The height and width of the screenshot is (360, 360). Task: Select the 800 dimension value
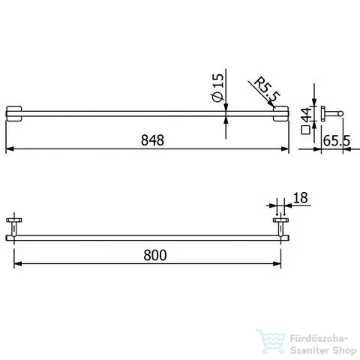point(153,254)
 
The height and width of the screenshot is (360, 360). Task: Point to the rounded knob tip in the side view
point(341,113)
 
